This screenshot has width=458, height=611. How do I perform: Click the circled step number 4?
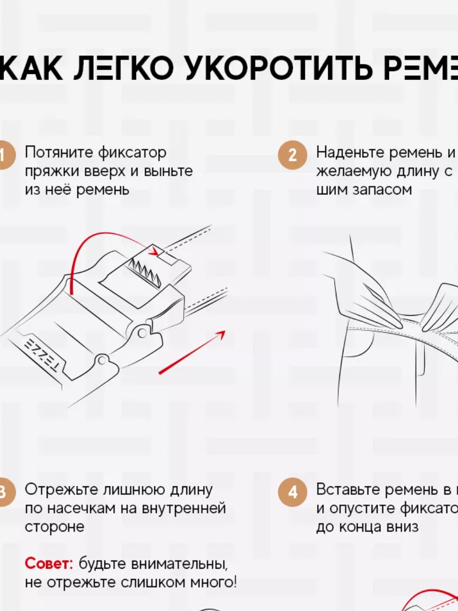pos(292,492)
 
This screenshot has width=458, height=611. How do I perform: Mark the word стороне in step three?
pos(54,526)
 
